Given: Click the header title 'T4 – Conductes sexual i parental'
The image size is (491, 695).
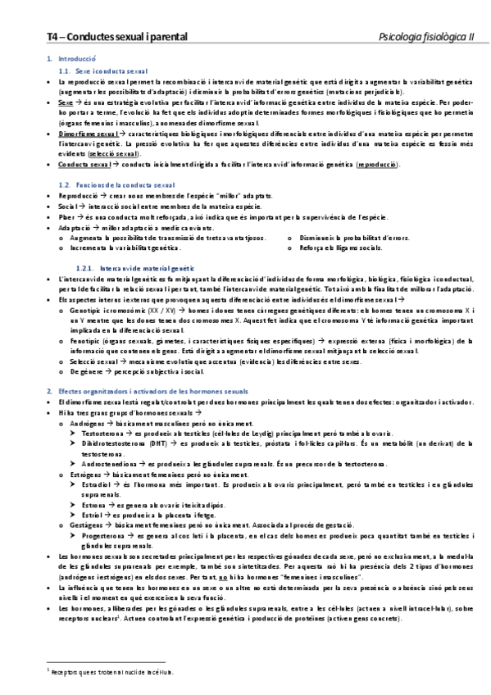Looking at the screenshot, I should pyautogui.click(x=116, y=37).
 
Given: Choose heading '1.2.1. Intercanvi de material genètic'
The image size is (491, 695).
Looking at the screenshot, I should pyautogui.click(x=134, y=245).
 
